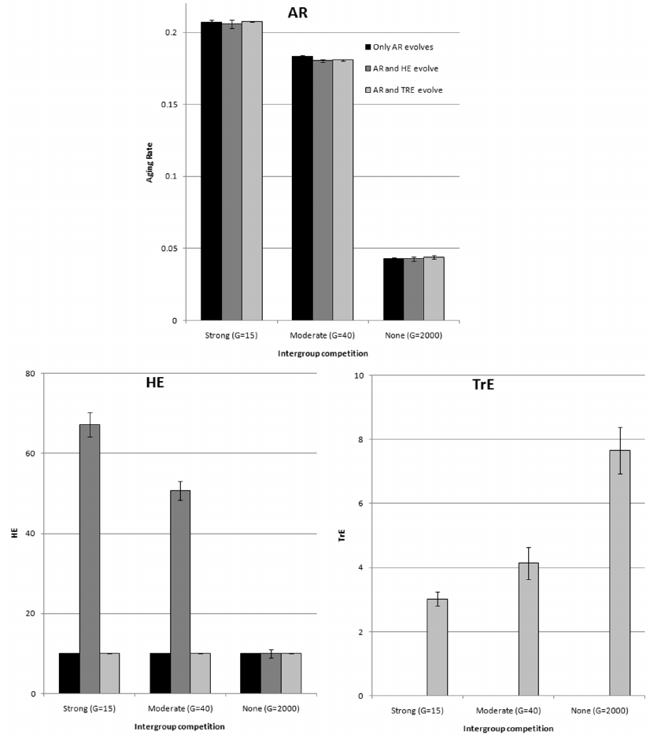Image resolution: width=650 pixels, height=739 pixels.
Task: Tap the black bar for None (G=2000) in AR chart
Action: point(393,289)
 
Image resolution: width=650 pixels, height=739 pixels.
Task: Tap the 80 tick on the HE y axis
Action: point(30,374)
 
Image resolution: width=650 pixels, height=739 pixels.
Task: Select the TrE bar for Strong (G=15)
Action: point(437,647)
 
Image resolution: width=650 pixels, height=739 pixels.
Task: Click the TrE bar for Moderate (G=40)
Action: point(528,629)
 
